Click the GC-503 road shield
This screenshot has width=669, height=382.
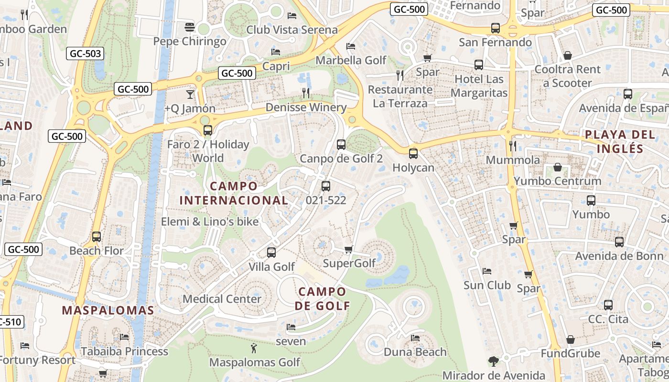tap(86, 53)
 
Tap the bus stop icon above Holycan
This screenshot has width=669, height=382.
tap(413, 154)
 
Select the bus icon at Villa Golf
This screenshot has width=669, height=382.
tap(271, 252)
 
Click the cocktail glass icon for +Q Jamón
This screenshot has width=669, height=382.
tap(190, 94)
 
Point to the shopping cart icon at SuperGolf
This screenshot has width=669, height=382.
tap(349, 249)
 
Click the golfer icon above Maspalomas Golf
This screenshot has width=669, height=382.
tap(254, 348)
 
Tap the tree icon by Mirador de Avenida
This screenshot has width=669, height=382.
tap(493, 361)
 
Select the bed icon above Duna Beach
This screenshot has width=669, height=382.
tap(415, 338)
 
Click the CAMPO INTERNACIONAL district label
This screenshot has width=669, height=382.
tap(234, 193)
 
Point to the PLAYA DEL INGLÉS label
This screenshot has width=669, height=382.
tap(620, 141)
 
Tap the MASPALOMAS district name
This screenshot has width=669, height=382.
tap(108, 310)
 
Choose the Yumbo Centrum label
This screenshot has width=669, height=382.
tap(557, 181)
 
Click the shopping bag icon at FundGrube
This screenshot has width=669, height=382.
tap(570, 340)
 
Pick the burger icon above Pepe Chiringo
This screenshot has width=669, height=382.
tap(190, 27)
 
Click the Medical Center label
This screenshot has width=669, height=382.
tap(222, 299)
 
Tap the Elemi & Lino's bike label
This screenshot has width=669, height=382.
tap(210, 222)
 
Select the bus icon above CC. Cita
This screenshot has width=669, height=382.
tap(608, 305)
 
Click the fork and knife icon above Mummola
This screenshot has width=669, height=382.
tap(513, 146)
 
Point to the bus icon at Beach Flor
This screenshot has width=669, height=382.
tap(97, 236)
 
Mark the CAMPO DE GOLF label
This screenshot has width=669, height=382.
tap(322, 298)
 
